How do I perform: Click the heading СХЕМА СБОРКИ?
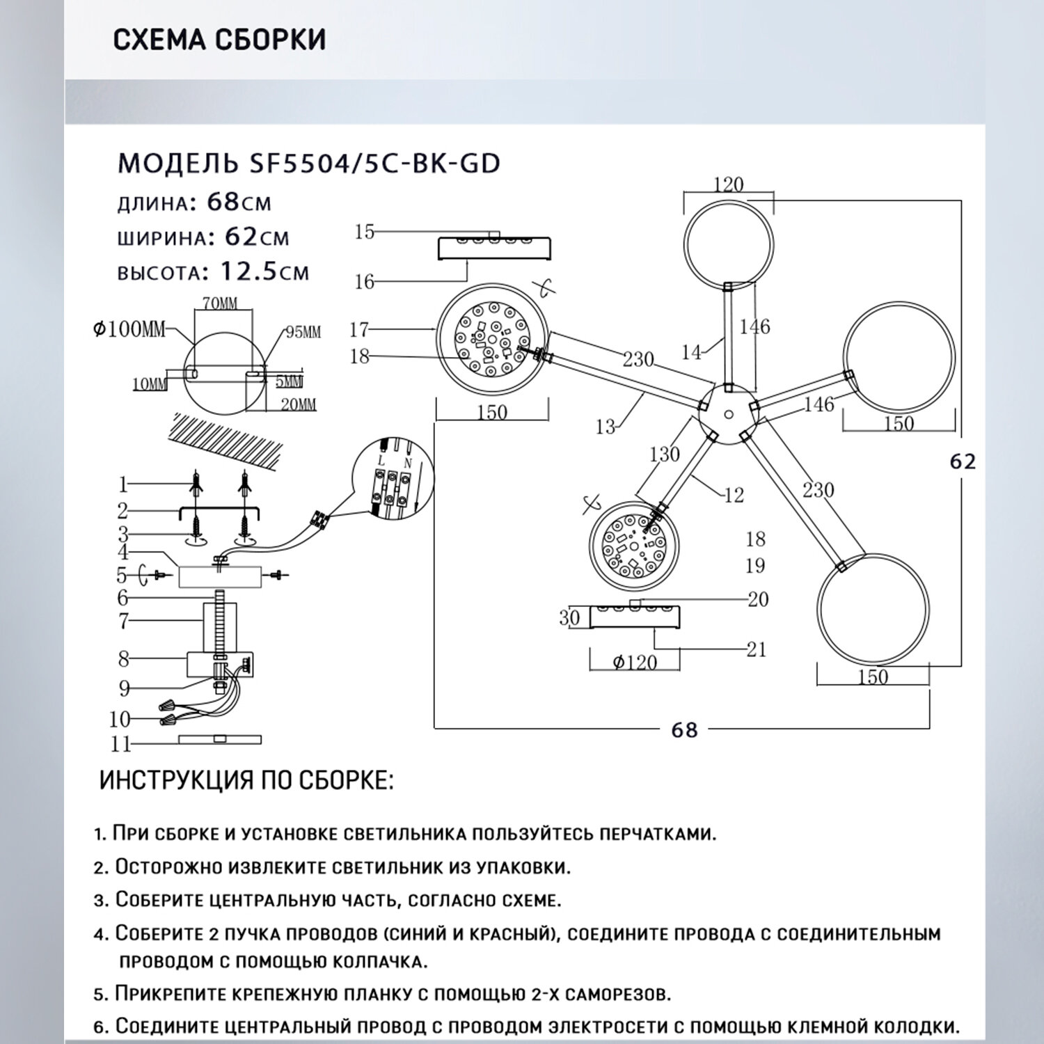[219, 40]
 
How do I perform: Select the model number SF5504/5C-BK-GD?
[374, 164]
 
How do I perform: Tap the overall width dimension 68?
[684, 729]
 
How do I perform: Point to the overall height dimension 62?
[963, 461]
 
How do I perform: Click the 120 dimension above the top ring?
[728, 184]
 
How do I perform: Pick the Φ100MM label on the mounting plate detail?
[129, 329]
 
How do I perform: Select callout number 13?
[606, 426]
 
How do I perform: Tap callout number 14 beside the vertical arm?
[691, 352]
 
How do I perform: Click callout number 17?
[359, 329]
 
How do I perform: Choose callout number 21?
[756, 649]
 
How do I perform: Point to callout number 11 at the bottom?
[120, 744]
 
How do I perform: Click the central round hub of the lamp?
[728, 415]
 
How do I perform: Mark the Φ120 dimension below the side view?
[635, 662]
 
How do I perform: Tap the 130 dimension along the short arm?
[664, 454]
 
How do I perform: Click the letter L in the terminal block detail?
[380, 461]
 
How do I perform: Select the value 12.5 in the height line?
[248, 270]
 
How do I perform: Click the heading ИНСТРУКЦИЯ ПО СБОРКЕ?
[246, 780]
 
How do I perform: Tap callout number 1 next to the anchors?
[123, 484]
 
